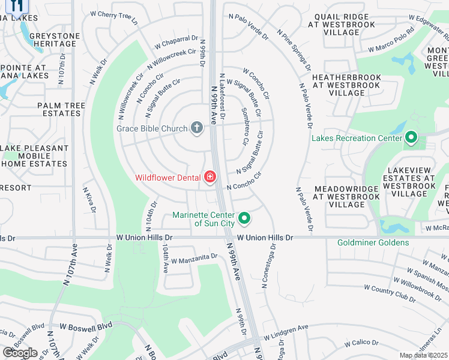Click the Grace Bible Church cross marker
(x=196, y=128)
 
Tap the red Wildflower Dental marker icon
(x=210, y=176)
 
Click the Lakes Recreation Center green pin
(x=411, y=138)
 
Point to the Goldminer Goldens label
(x=373, y=242)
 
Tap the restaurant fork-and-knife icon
(x=17, y=5)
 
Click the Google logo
(x=19, y=353)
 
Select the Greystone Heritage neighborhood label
(x=56, y=40)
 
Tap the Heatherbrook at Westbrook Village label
(x=347, y=85)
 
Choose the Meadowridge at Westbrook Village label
(x=347, y=196)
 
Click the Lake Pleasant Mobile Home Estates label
(x=35, y=155)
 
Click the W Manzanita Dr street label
(x=194, y=258)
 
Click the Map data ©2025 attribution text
(x=423, y=355)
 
